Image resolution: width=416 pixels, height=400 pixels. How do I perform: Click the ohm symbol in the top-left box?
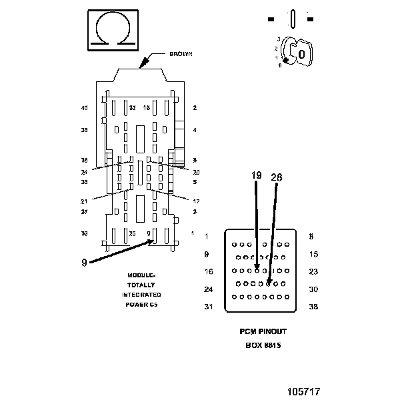coord(114,30)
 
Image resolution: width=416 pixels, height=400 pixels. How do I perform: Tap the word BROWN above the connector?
coord(181,54)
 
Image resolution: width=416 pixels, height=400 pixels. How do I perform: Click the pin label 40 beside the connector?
coord(84,108)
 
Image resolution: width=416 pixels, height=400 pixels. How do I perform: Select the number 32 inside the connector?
coord(133,107)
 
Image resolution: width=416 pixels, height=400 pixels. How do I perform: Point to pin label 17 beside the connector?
coord(196,201)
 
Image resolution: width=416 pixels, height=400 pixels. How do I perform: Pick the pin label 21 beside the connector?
coord(84,201)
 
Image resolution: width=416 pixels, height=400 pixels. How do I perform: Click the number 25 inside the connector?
coord(133,233)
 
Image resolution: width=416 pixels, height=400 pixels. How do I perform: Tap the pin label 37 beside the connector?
coord(84,212)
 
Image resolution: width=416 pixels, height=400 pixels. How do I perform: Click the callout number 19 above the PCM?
coord(257,176)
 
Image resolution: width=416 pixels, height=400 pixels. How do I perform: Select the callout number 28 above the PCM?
coord(277,177)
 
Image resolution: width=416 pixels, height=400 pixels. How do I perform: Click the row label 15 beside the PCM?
coord(313,254)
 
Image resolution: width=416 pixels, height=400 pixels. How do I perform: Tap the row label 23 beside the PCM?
coord(313,271)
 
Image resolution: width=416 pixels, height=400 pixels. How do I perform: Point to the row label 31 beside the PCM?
coord(209,307)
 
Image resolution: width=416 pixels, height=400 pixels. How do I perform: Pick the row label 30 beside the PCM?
coord(313,289)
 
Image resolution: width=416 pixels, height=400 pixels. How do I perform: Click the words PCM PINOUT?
coord(263,331)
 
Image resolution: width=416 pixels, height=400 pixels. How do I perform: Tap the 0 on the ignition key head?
coord(301,53)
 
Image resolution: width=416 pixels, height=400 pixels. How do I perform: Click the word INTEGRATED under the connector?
coord(141,295)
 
